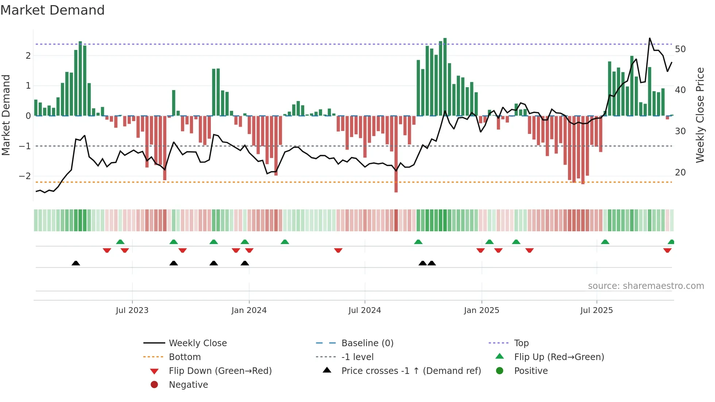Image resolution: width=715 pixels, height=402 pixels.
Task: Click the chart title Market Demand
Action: (x=53, y=10)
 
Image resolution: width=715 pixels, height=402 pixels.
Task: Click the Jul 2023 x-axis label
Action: (x=132, y=310)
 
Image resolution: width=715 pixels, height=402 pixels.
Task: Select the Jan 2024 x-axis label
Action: (x=249, y=310)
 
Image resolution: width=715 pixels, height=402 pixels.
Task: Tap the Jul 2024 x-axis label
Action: (x=364, y=310)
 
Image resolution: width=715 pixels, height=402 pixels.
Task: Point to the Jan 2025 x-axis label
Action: (x=481, y=310)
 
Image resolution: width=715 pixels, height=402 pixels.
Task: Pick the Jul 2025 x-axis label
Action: (x=596, y=310)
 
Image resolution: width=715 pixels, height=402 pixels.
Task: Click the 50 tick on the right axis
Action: (x=680, y=49)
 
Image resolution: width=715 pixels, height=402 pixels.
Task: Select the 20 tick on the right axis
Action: (x=680, y=172)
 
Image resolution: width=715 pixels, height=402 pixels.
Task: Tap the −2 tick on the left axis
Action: (x=25, y=176)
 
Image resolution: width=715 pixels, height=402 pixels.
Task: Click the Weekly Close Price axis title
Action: (x=700, y=115)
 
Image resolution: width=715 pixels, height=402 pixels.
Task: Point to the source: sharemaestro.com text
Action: (x=646, y=286)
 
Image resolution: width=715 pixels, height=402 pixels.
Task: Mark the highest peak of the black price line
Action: (x=650, y=38)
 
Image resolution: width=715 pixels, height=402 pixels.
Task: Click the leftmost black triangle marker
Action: (x=76, y=263)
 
